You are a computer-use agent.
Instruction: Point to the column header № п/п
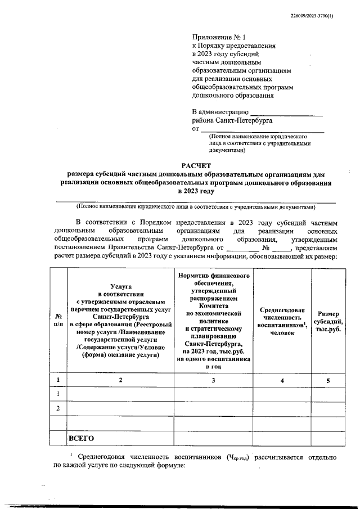(x=57, y=321)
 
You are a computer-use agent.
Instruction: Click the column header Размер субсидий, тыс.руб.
(x=328, y=321)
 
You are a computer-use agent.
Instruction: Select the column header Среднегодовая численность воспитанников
(x=282, y=321)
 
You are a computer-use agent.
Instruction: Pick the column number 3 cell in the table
(x=213, y=381)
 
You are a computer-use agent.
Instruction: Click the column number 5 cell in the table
(x=328, y=381)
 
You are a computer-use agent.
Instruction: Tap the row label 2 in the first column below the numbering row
(x=57, y=407)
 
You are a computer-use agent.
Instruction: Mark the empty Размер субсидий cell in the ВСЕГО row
(x=328, y=438)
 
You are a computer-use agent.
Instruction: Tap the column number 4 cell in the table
(x=282, y=381)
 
